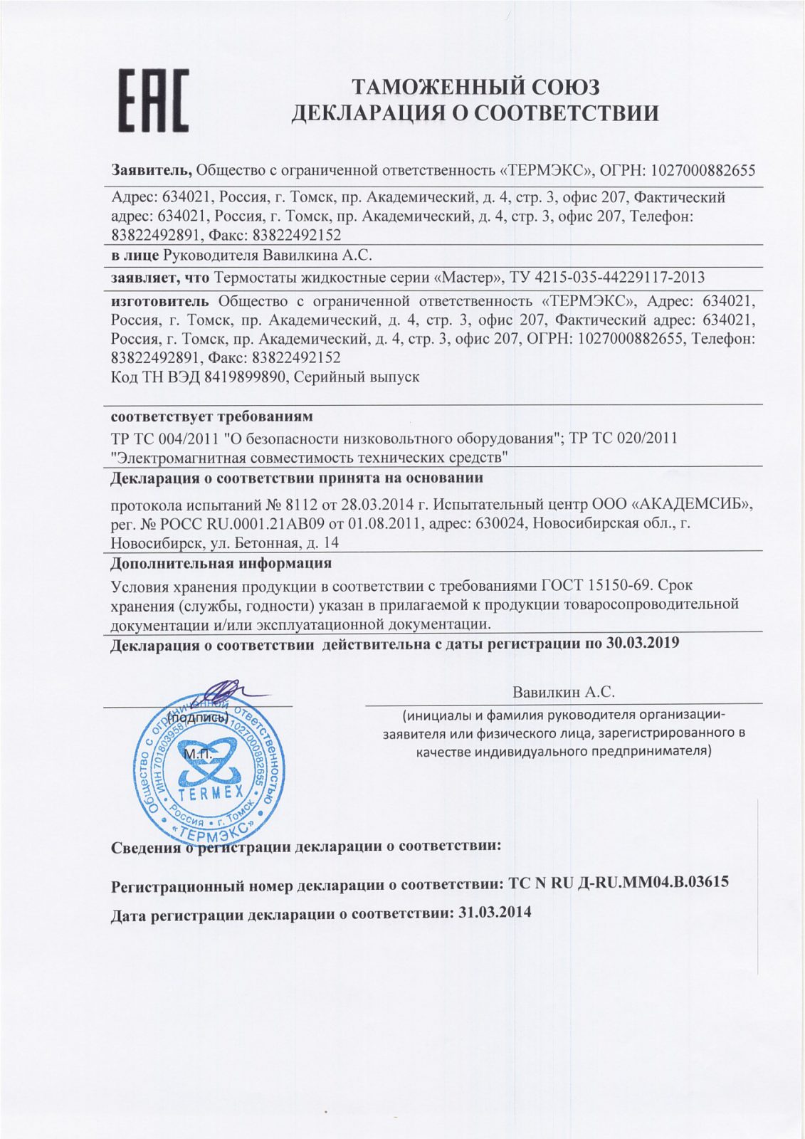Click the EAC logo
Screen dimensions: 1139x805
pos(152,100)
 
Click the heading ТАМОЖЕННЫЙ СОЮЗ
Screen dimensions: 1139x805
pos(476,87)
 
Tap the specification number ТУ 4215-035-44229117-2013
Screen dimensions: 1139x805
pos(607,278)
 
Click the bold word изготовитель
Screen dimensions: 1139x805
pos(159,300)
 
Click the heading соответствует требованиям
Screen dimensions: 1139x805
pos(211,416)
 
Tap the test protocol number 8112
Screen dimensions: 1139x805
pos(299,505)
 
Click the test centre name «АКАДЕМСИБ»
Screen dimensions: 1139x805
pos(691,505)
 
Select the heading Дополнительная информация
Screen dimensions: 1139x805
pos(221,564)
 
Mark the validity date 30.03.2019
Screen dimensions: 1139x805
pos(642,644)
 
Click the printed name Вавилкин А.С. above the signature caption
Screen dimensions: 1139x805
pos(563,692)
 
